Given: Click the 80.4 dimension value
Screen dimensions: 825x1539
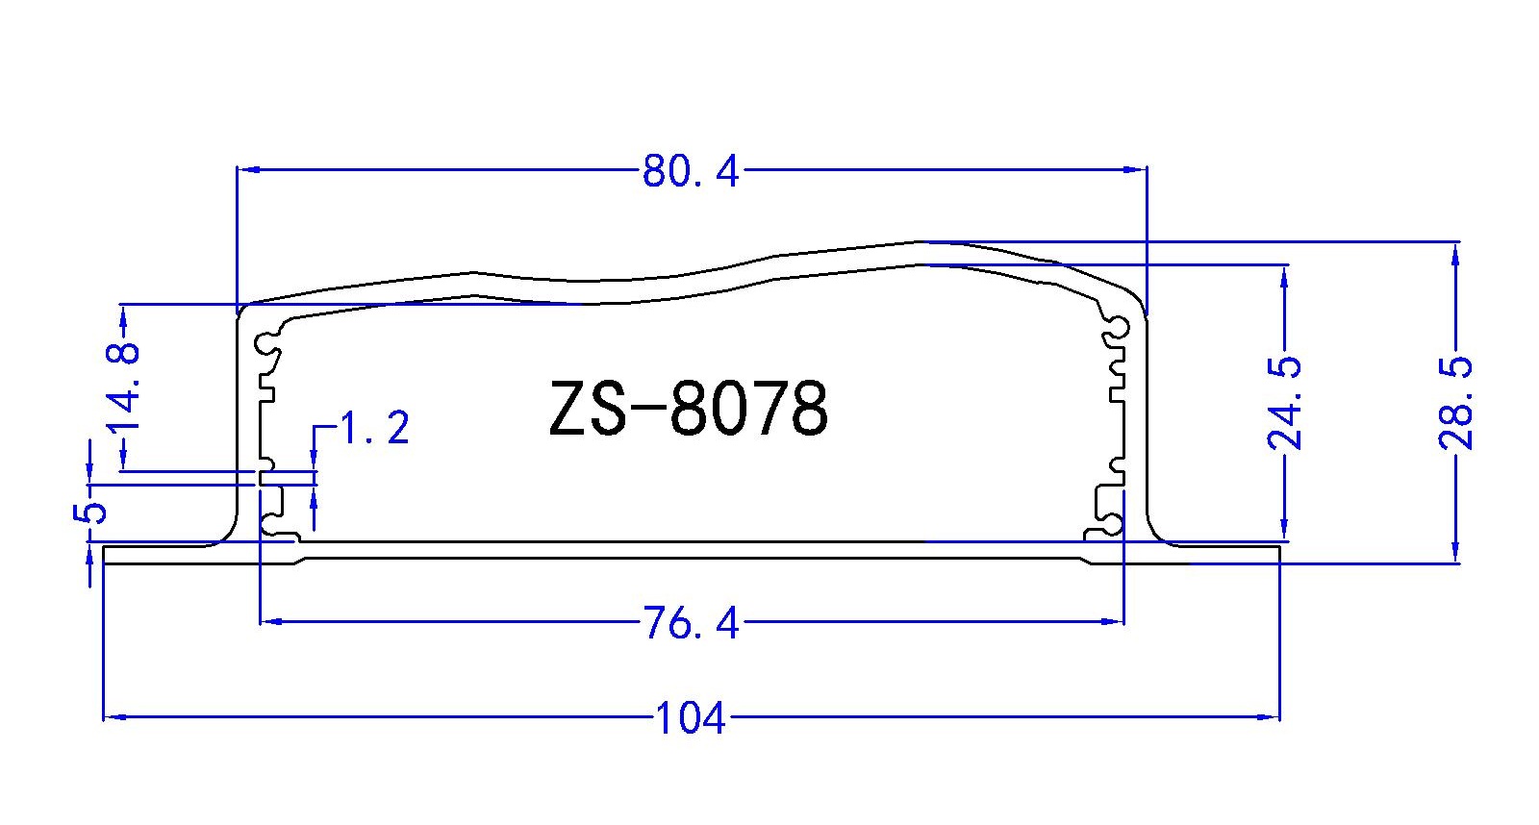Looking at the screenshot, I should pos(691,172).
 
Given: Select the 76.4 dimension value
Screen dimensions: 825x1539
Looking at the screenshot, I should pos(691,624).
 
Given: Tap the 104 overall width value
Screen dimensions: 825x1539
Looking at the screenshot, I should pos(691,718).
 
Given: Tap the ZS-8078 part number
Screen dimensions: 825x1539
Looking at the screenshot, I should pos(689,409).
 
